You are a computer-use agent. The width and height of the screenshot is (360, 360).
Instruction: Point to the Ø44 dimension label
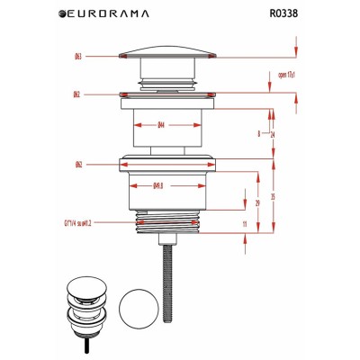click(161, 126)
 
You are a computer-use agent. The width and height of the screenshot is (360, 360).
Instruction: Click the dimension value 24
click(272, 133)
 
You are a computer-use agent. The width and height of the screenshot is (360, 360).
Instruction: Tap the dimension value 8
click(258, 133)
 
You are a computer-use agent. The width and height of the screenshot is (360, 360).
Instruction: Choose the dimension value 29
click(259, 204)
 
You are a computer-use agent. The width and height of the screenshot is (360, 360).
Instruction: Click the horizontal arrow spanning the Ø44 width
click(166, 113)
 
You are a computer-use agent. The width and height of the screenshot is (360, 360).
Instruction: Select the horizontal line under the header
click(180, 28)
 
